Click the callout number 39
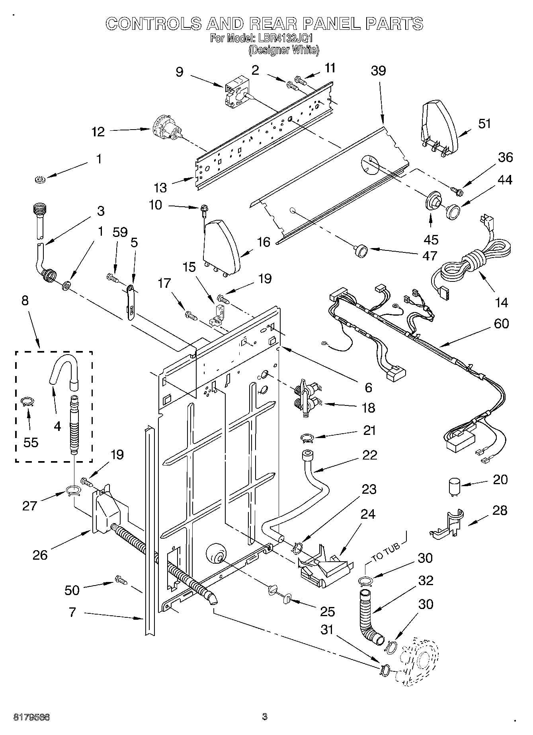[x=378, y=71]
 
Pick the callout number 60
[x=501, y=324]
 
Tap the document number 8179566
[x=31, y=718]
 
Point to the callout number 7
[x=72, y=612]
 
